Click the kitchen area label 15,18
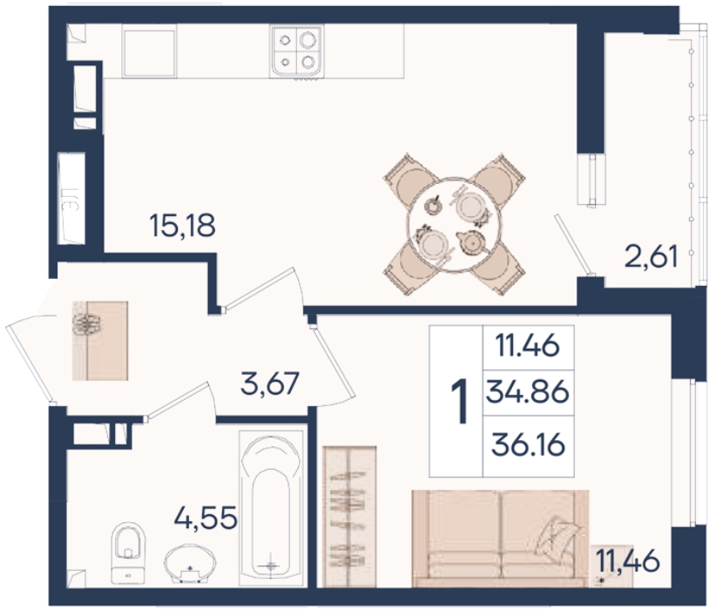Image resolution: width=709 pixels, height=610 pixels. (x=182, y=226)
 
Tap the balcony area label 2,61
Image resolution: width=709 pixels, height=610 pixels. (x=652, y=257)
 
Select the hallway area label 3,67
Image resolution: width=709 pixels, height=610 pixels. (x=270, y=383)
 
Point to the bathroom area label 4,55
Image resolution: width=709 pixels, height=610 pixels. (x=206, y=518)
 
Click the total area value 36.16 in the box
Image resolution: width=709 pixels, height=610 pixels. (x=528, y=444)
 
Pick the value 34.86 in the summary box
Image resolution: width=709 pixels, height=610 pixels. (x=527, y=392)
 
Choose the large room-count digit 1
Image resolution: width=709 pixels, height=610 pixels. (x=460, y=402)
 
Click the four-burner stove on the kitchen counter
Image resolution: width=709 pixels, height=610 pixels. (x=297, y=51)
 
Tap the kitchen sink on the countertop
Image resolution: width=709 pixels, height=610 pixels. (x=149, y=52)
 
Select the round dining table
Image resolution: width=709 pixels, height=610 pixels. (x=454, y=225)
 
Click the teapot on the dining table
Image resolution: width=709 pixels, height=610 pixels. (x=471, y=243)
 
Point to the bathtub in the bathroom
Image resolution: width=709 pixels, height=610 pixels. (x=271, y=507)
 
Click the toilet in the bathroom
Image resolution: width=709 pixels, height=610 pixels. (x=128, y=552)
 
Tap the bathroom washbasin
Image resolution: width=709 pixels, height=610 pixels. (x=190, y=565)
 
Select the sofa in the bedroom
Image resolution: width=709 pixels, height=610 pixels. (x=500, y=539)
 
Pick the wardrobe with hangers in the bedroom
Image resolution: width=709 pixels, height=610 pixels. (x=349, y=517)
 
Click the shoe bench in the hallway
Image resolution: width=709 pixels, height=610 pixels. (x=100, y=341)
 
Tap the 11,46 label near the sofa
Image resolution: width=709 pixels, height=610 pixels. (x=628, y=561)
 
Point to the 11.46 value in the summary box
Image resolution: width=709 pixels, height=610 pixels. (x=528, y=347)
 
